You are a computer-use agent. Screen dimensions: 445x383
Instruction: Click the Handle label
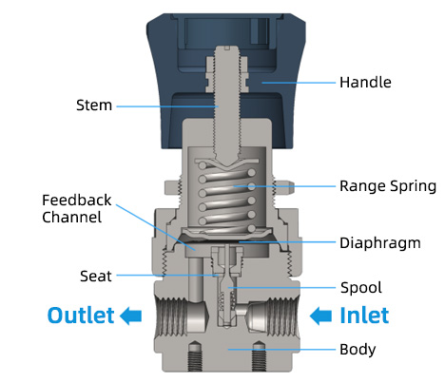pyautogui.click(x=365, y=83)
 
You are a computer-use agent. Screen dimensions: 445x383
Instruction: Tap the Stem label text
pyautogui.click(x=94, y=105)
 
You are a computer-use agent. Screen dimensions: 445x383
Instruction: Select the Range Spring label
pyautogui.click(x=388, y=186)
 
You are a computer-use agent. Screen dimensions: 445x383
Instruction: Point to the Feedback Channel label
pyautogui.click(x=77, y=209)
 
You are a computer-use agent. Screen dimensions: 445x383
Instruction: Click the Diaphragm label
pyautogui.click(x=380, y=243)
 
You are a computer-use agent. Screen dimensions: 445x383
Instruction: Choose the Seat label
pyautogui.click(x=96, y=277)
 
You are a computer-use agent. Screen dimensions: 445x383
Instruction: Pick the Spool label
pyautogui.click(x=361, y=288)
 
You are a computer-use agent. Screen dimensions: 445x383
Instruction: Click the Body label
pyautogui.click(x=358, y=350)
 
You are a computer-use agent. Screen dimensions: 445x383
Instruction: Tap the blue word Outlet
pyautogui.click(x=81, y=316)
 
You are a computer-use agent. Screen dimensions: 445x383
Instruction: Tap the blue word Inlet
pyautogui.click(x=364, y=316)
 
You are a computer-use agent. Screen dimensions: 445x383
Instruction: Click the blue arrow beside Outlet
pyautogui.click(x=131, y=316)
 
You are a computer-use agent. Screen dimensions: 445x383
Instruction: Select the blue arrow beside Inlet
pyautogui.click(x=320, y=316)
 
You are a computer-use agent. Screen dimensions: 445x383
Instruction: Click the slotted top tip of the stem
pyautogui.click(x=226, y=48)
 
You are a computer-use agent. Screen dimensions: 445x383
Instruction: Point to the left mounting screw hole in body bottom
pyautogui.click(x=195, y=355)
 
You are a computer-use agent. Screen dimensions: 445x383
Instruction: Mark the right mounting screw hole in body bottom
pyautogui.click(x=259, y=355)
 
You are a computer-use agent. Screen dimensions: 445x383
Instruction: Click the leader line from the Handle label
pyautogui.click(x=299, y=83)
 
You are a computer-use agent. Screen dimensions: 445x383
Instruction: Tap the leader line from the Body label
pyautogui.click(x=281, y=350)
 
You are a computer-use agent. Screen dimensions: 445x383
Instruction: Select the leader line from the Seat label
pyautogui.click(x=167, y=276)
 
